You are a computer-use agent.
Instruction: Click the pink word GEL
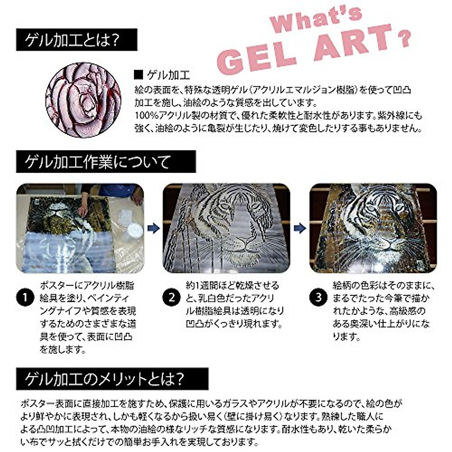tap(256, 56)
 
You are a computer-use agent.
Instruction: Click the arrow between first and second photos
tap(153, 228)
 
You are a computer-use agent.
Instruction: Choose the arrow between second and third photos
tap(300, 228)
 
